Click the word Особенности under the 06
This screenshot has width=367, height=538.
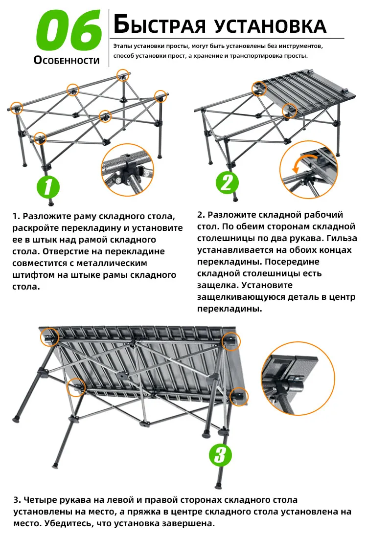click(x=67, y=61)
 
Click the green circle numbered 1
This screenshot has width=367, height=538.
click(x=48, y=187)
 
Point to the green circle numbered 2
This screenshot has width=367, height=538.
click(x=226, y=182)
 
